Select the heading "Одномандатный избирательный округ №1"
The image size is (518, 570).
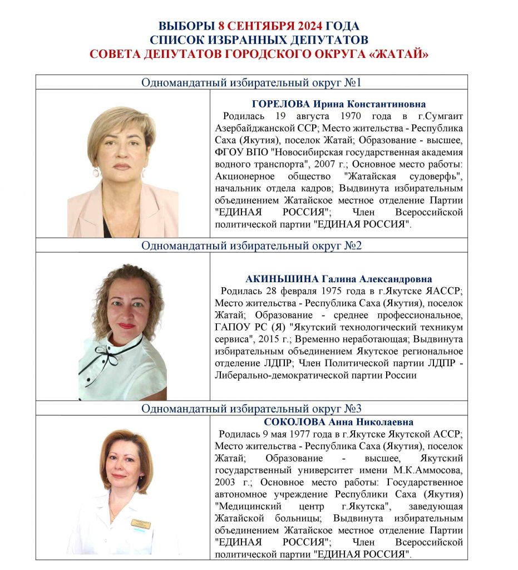click(251, 83)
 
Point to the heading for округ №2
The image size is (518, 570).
click(251, 245)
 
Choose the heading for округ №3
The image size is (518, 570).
click(251, 409)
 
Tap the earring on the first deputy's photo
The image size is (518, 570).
click(96, 172)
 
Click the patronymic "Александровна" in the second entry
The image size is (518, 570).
click(397, 279)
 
